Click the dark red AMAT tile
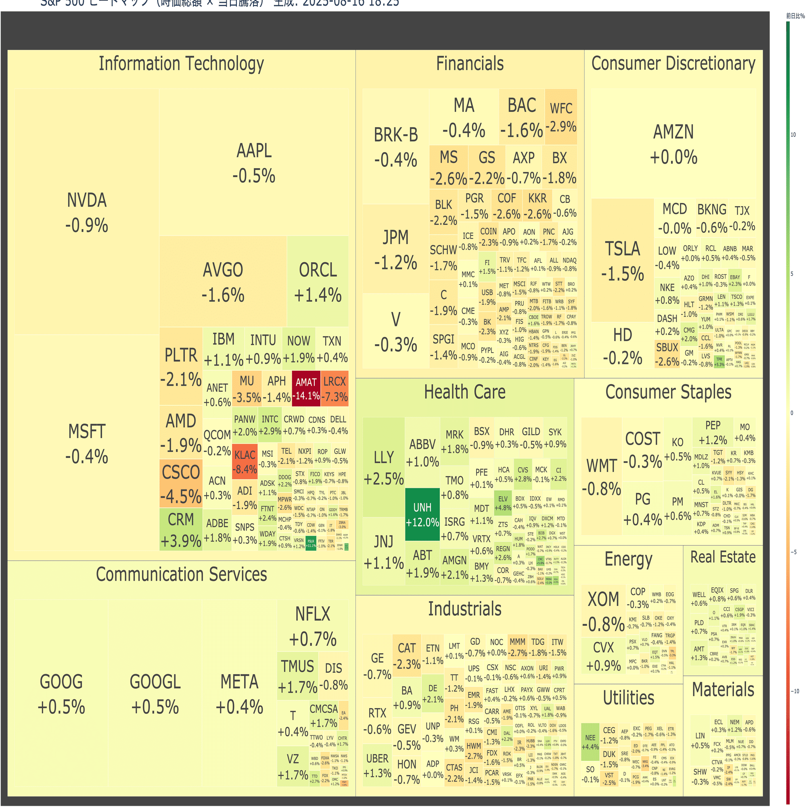306,389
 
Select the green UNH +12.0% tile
422,514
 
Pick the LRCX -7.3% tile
335,389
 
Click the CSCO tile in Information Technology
181,484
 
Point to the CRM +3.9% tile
181,530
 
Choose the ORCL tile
318,282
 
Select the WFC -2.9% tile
561,117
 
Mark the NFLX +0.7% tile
312,626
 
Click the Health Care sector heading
464,392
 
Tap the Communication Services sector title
181,574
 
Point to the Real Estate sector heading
723,557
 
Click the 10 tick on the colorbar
793,135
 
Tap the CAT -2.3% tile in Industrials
406,655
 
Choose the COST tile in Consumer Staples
642,449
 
